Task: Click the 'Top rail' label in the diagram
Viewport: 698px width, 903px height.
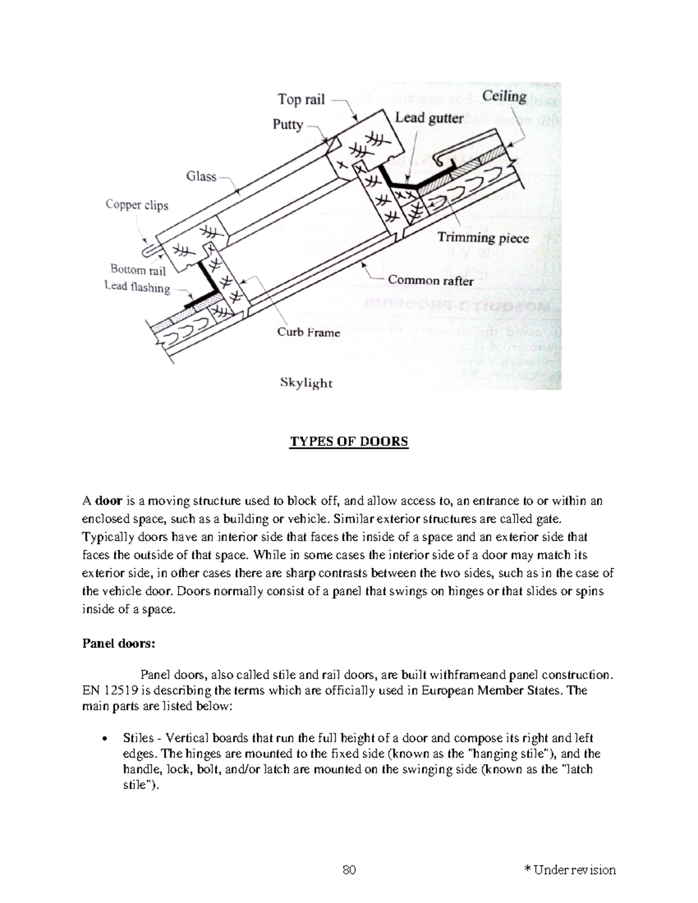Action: [301, 99]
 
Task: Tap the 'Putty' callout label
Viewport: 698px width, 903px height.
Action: [288, 125]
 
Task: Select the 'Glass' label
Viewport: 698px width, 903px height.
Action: [201, 176]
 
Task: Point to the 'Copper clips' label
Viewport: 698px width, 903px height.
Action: [137, 205]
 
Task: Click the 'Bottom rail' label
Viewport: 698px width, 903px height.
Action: [138, 270]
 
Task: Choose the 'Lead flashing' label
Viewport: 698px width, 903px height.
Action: [137, 287]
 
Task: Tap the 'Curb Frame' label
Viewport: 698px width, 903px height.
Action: [308, 333]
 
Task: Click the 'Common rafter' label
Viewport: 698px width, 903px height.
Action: [430, 280]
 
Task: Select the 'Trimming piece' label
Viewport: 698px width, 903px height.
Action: [483, 238]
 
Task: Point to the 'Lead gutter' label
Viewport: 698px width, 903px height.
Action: [429, 118]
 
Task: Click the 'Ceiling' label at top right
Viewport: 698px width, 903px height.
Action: [504, 97]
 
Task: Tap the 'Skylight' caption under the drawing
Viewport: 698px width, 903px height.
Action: [306, 383]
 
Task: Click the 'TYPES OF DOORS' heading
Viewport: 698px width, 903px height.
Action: [349, 441]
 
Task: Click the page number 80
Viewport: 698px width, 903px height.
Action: [349, 870]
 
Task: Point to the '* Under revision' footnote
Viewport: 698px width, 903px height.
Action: [570, 870]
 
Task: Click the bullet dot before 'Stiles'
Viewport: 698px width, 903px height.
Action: [104, 739]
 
